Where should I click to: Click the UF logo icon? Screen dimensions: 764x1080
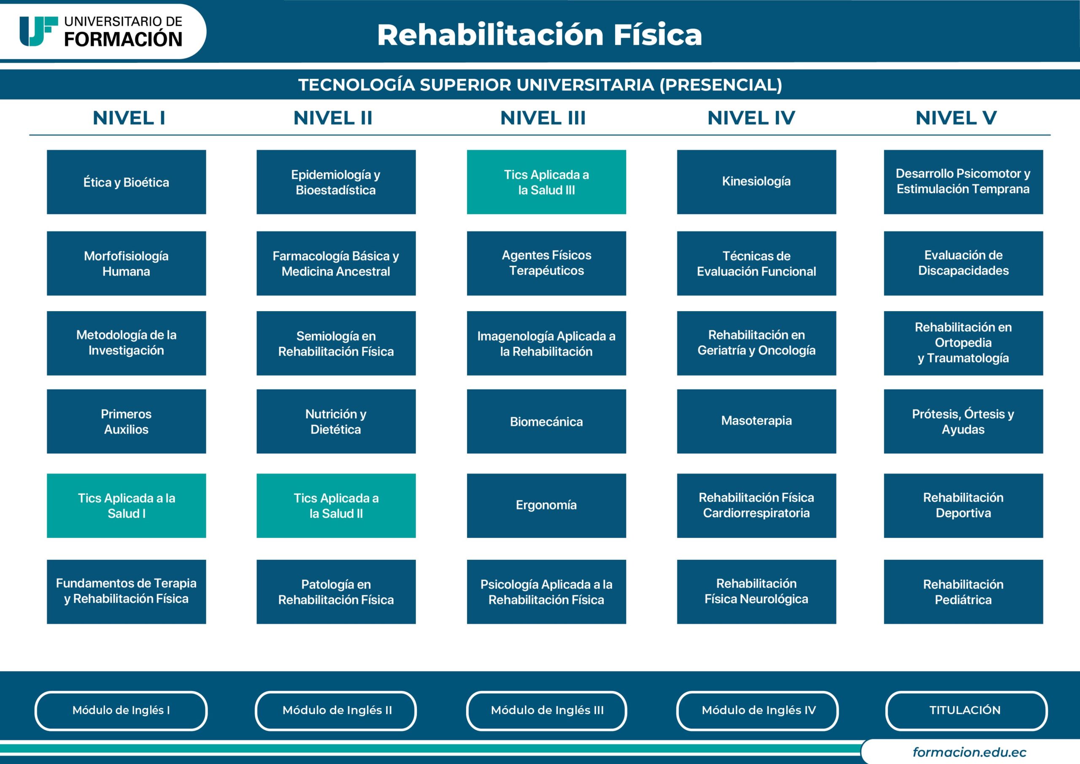pos(38,31)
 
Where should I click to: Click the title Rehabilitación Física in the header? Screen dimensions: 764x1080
pos(539,35)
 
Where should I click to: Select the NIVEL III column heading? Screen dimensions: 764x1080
pos(543,118)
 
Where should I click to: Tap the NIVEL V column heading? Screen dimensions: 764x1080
pos(956,118)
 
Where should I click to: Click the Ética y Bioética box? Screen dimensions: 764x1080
pos(126,182)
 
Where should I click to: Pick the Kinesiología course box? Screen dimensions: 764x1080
pos(756,182)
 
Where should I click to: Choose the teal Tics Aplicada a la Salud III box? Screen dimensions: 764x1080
pos(546,182)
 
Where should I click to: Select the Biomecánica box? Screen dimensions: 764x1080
pos(546,421)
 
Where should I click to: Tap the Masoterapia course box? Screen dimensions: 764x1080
pos(756,421)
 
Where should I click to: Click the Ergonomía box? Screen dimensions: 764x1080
pos(546,506)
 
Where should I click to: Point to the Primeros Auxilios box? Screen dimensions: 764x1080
pos(126,421)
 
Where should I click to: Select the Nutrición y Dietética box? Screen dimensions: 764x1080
pos(336,421)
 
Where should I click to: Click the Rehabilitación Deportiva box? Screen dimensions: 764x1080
pos(963,506)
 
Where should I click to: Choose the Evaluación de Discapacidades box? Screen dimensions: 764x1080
pos(963,263)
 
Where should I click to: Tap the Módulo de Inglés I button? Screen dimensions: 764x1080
pos(121,710)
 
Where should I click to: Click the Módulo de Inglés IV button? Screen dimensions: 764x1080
pos(758,710)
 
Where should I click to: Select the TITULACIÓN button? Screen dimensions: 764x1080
pos(966,710)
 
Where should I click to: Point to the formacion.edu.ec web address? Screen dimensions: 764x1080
pos(969,752)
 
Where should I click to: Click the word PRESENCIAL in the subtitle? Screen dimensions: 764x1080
pos(720,85)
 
